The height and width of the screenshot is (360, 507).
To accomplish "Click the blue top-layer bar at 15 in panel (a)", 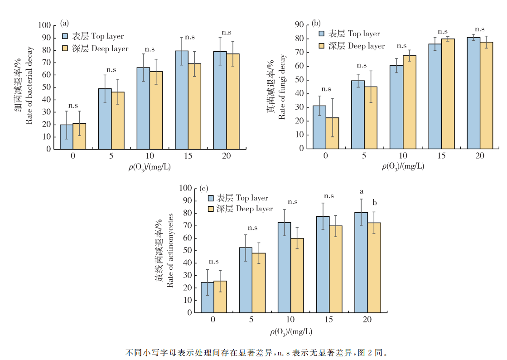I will (x=182, y=100).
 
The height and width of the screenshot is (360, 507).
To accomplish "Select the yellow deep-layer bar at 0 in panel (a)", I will (x=79, y=136).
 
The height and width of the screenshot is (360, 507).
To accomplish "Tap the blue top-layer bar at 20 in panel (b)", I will (x=473, y=93).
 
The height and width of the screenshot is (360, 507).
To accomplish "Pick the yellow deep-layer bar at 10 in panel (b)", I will (x=410, y=102).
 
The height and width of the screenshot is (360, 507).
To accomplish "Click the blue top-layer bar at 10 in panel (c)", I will (x=284, y=267).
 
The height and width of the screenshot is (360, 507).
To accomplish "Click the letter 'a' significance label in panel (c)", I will (x=362, y=191).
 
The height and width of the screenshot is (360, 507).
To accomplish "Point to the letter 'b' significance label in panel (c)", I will (x=375, y=202).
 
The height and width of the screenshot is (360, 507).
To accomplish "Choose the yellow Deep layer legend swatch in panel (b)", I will (x=322, y=46).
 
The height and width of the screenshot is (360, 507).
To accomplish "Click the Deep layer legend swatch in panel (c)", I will (x=211, y=209).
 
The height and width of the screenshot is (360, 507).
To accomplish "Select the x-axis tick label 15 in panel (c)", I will (x=328, y=320).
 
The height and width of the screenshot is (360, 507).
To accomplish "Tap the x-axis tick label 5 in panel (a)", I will (x=111, y=156).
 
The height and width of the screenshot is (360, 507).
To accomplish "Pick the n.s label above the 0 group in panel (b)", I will (x=326, y=89).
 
